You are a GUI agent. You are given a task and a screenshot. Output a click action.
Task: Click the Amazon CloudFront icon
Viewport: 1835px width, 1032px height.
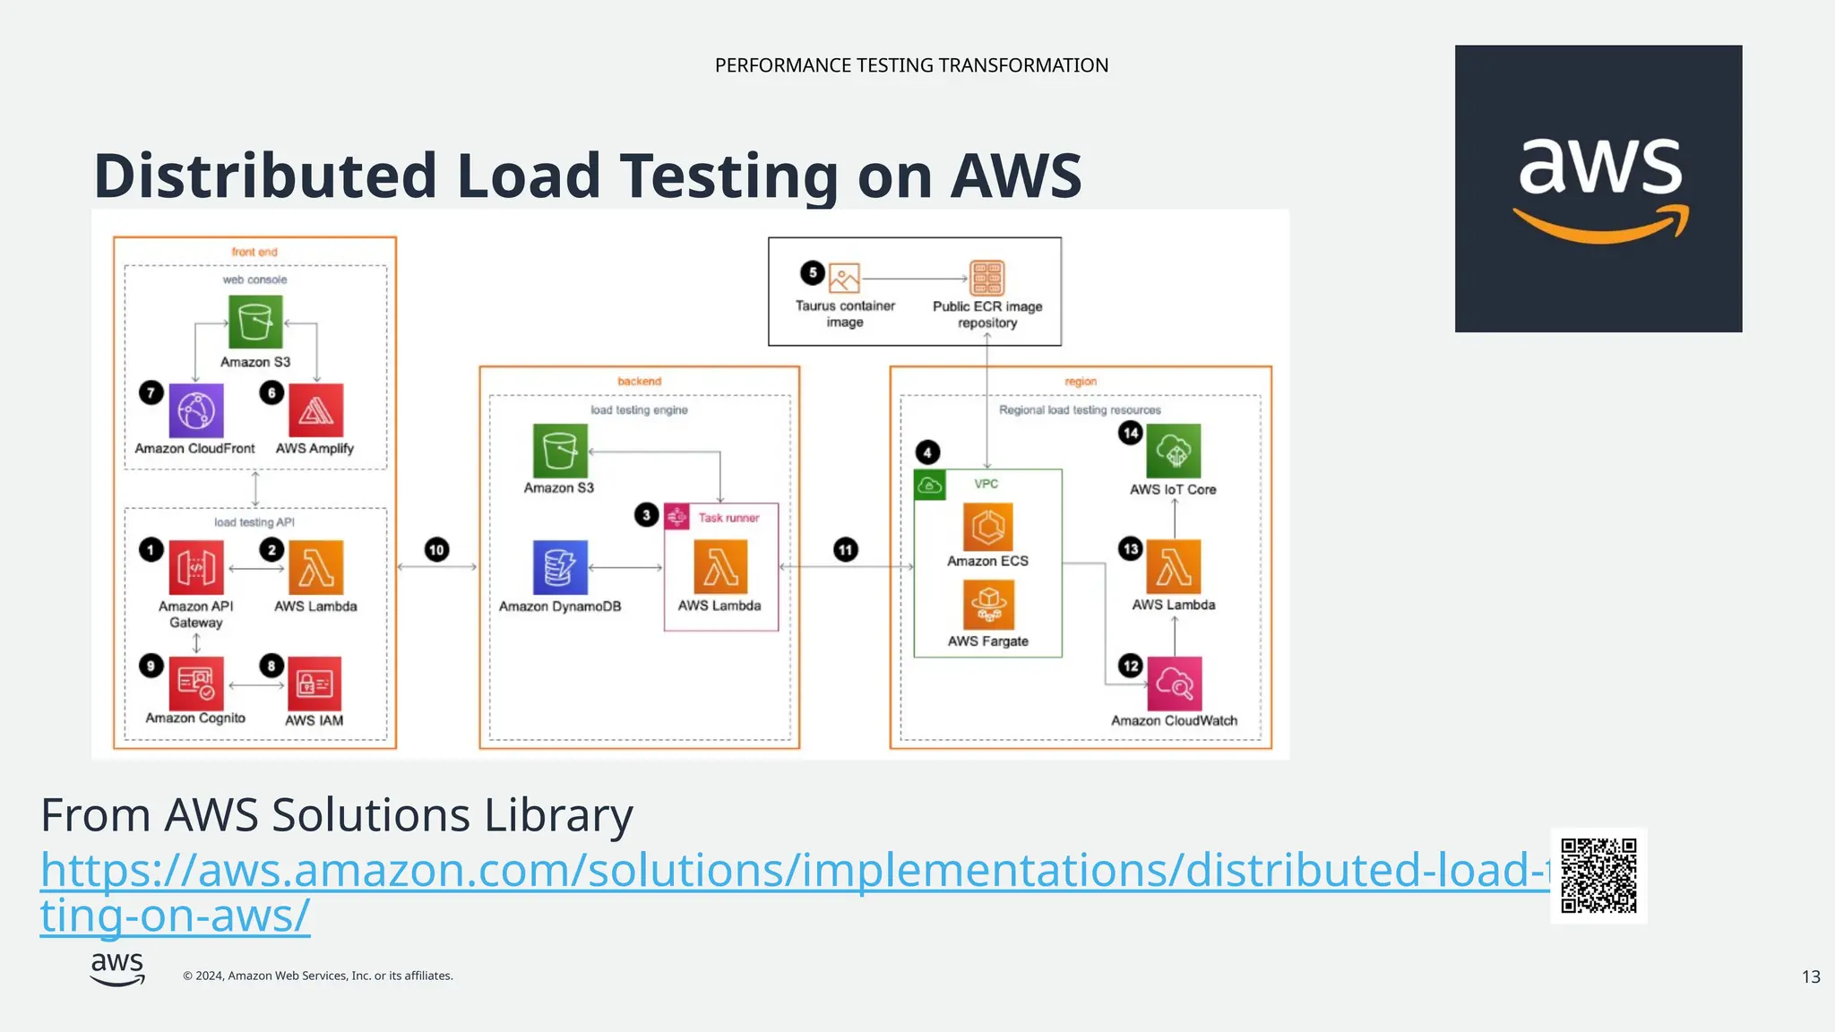[195, 411]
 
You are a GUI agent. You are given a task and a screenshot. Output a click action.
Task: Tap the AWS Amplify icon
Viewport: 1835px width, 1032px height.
[315, 411]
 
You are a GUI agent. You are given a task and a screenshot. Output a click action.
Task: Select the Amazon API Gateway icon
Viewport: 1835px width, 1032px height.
[195, 567]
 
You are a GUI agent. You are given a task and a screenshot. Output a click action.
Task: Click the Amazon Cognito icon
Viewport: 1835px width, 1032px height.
[195, 684]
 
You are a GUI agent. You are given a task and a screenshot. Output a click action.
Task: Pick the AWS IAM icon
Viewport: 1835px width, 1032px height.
[314, 684]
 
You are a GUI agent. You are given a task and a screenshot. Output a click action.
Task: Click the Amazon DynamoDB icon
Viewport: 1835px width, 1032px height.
[560, 567]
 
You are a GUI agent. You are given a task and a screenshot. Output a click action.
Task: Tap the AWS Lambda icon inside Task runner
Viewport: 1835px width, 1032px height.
[720, 567]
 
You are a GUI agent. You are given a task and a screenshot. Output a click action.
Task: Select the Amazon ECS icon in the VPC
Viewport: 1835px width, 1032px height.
[988, 527]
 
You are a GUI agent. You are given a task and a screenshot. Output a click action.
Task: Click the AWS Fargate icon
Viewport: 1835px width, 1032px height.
[988, 605]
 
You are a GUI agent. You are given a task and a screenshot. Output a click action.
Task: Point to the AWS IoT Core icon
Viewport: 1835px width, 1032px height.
[1173, 451]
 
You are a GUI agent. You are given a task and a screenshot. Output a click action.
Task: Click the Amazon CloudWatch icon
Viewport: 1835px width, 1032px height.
[1174, 684]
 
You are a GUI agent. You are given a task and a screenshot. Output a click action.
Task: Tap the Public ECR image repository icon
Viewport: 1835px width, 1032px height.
[987, 278]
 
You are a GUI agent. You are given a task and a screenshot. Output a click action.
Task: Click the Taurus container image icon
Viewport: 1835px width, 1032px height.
[844, 278]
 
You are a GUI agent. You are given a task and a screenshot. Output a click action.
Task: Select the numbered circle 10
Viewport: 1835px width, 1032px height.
[436, 550]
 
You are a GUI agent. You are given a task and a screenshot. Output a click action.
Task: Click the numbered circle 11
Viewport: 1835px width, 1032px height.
[845, 550]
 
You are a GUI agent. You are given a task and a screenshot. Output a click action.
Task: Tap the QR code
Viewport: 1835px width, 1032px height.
[1598, 875]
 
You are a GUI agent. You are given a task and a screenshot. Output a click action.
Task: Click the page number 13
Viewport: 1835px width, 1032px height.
[1811, 976]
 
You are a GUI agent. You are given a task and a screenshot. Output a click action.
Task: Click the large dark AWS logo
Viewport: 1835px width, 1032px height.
[1598, 188]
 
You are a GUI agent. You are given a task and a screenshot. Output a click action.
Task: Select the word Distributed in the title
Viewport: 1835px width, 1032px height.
[266, 176]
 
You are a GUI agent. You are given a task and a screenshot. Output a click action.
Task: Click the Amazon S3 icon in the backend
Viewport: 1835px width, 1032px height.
[560, 451]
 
